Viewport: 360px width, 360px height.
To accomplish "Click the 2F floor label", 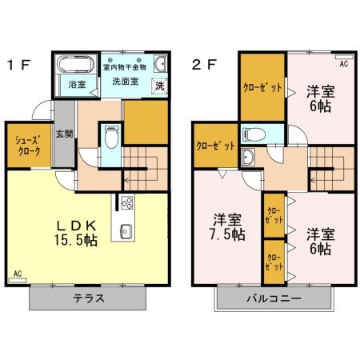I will click(x=203, y=63).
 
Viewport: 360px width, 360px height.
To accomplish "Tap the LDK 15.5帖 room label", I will click(x=70, y=231).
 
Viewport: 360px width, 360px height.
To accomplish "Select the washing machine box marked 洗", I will click(x=159, y=86).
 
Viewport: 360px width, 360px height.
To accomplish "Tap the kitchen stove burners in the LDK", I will click(x=127, y=202).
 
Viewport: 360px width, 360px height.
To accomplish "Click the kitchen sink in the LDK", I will click(x=127, y=233).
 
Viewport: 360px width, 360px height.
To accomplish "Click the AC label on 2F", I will click(x=343, y=63).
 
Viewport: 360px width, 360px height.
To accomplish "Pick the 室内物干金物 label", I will click(x=131, y=67).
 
